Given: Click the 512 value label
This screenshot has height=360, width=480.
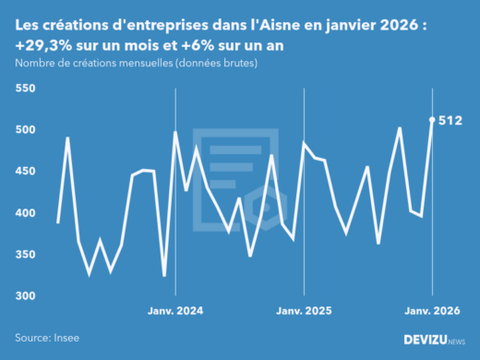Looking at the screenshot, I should [451, 120].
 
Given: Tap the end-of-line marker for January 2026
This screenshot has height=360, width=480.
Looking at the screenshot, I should [433, 119].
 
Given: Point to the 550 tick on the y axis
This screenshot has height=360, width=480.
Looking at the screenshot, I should [25, 89].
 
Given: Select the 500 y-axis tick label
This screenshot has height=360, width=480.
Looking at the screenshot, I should [25, 130].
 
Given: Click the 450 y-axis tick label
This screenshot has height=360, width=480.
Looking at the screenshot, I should [25, 172].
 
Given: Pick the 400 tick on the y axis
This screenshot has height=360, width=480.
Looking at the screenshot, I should [25, 213].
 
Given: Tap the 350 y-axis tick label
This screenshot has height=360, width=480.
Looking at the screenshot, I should [25, 255].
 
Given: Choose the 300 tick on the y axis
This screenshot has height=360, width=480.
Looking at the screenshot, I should [25, 296].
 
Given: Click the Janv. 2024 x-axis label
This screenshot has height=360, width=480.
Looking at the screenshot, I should [175, 311].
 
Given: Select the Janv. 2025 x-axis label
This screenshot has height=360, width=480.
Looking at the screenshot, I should [305, 311].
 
